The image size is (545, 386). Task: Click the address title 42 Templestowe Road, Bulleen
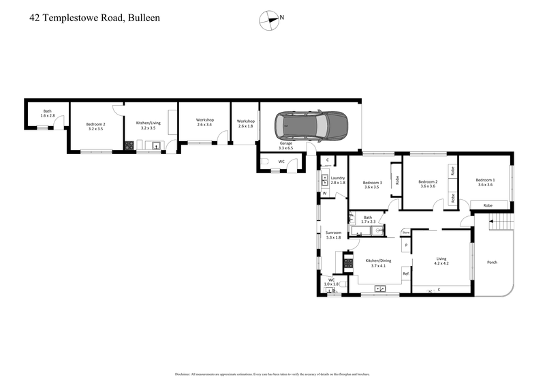tap(95, 18)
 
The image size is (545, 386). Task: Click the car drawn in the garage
tap(311, 125)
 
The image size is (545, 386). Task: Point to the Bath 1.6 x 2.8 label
tap(48, 113)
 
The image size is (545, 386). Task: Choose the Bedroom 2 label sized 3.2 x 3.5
tap(95, 126)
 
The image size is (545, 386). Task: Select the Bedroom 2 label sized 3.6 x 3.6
tap(427, 183)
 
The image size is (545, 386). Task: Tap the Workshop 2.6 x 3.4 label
tap(204, 123)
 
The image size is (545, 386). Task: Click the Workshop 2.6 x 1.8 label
tap(245, 123)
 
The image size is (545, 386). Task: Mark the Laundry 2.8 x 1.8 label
tap(338, 181)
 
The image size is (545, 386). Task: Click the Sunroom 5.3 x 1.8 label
tap(333, 235)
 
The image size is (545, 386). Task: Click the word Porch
tap(492, 263)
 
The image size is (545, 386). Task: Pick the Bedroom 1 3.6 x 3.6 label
tap(484, 182)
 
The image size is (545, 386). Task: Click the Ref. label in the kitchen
tap(405, 273)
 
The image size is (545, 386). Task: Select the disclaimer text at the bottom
tap(272, 374)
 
